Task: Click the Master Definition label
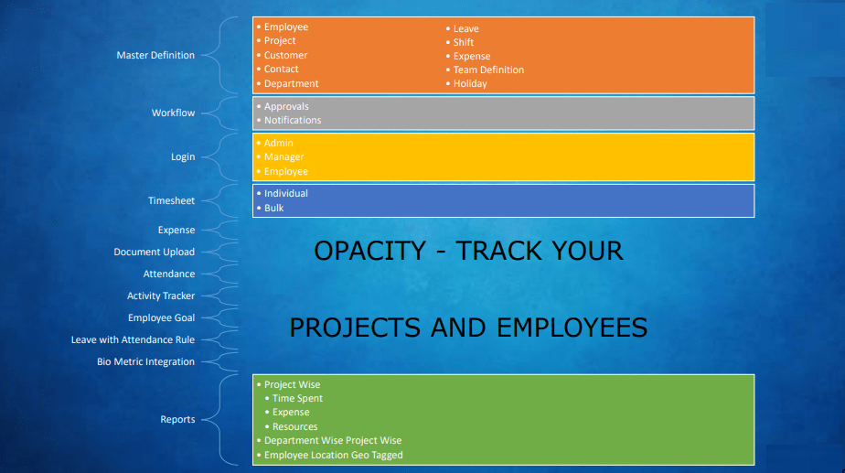[x=155, y=55]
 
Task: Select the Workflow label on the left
[x=173, y=113]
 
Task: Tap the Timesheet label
[x=171, y=200]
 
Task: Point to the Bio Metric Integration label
[x=145, y=362]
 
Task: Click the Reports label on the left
[x=177, y=420]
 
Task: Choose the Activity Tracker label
[x=161, y=296]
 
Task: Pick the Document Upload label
[x=155, y=252]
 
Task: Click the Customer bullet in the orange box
[x=285, y=55]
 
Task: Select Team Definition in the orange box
[x=488, y=70]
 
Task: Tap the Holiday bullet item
[x=470, y=83]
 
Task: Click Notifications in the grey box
[x=293, y=120]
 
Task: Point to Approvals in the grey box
[x=286, y=107]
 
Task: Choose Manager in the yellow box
[x=284, y=157]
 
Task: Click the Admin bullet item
[x=279, y=143]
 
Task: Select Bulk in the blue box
[x=273, y=209]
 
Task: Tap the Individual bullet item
[x=285, y=194]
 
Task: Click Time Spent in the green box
[x=297, y=399]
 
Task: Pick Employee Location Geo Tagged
[x=333, y=456]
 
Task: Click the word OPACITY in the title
[x=369, y=251]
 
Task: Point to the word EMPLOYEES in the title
[x=572, y=328]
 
